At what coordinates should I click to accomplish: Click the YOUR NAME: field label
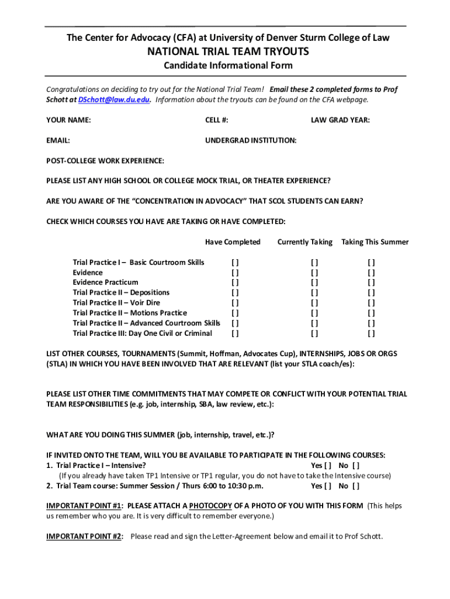[x=68, y=121]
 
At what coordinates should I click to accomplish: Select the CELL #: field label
[x=216, y=121]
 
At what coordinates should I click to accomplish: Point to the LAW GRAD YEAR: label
[x=340, y=121]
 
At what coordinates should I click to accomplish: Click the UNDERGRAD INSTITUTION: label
[x=250, y=140]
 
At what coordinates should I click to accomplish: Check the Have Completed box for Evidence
[x=235, y=273]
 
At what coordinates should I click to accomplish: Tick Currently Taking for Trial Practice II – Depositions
[x=314, y=292]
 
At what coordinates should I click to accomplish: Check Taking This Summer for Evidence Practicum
[x=371, y=283]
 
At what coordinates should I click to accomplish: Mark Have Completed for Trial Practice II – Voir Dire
[x=235, y=303]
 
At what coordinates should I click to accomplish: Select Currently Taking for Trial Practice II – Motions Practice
[x=314, y=313]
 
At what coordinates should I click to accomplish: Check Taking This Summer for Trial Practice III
[x=371, y=333]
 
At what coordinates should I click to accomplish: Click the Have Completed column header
[x=233, y=242]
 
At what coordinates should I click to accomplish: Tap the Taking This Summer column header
[x=375, y=242]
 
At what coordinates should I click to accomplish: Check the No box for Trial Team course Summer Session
[x=356, y=486]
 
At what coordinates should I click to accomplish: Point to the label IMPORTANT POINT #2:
[x=85, y=536]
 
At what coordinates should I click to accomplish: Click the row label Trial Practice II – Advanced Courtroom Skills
[x=146, y=323]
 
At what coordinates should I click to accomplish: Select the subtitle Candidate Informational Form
[x=227, y=66]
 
